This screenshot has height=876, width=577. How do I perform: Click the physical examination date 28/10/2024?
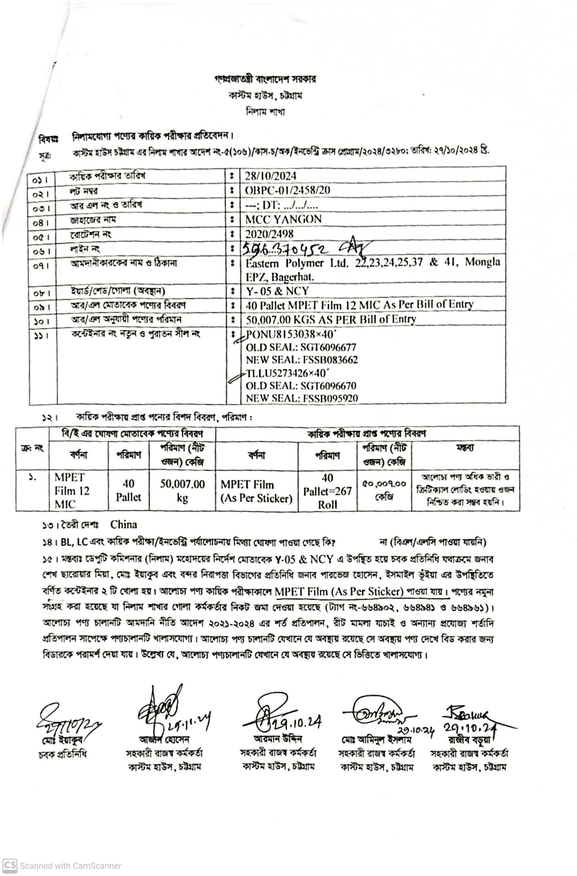(271, 176)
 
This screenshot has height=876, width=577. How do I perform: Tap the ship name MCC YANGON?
(283, 219)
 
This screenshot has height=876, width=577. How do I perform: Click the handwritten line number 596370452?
(285, 250)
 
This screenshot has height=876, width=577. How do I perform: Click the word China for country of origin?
(123, 524)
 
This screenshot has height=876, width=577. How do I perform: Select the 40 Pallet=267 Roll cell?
(327, 491)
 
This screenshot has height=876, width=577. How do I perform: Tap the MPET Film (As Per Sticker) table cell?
(256, 491)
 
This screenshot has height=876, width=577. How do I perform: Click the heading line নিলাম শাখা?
(265, 112)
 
